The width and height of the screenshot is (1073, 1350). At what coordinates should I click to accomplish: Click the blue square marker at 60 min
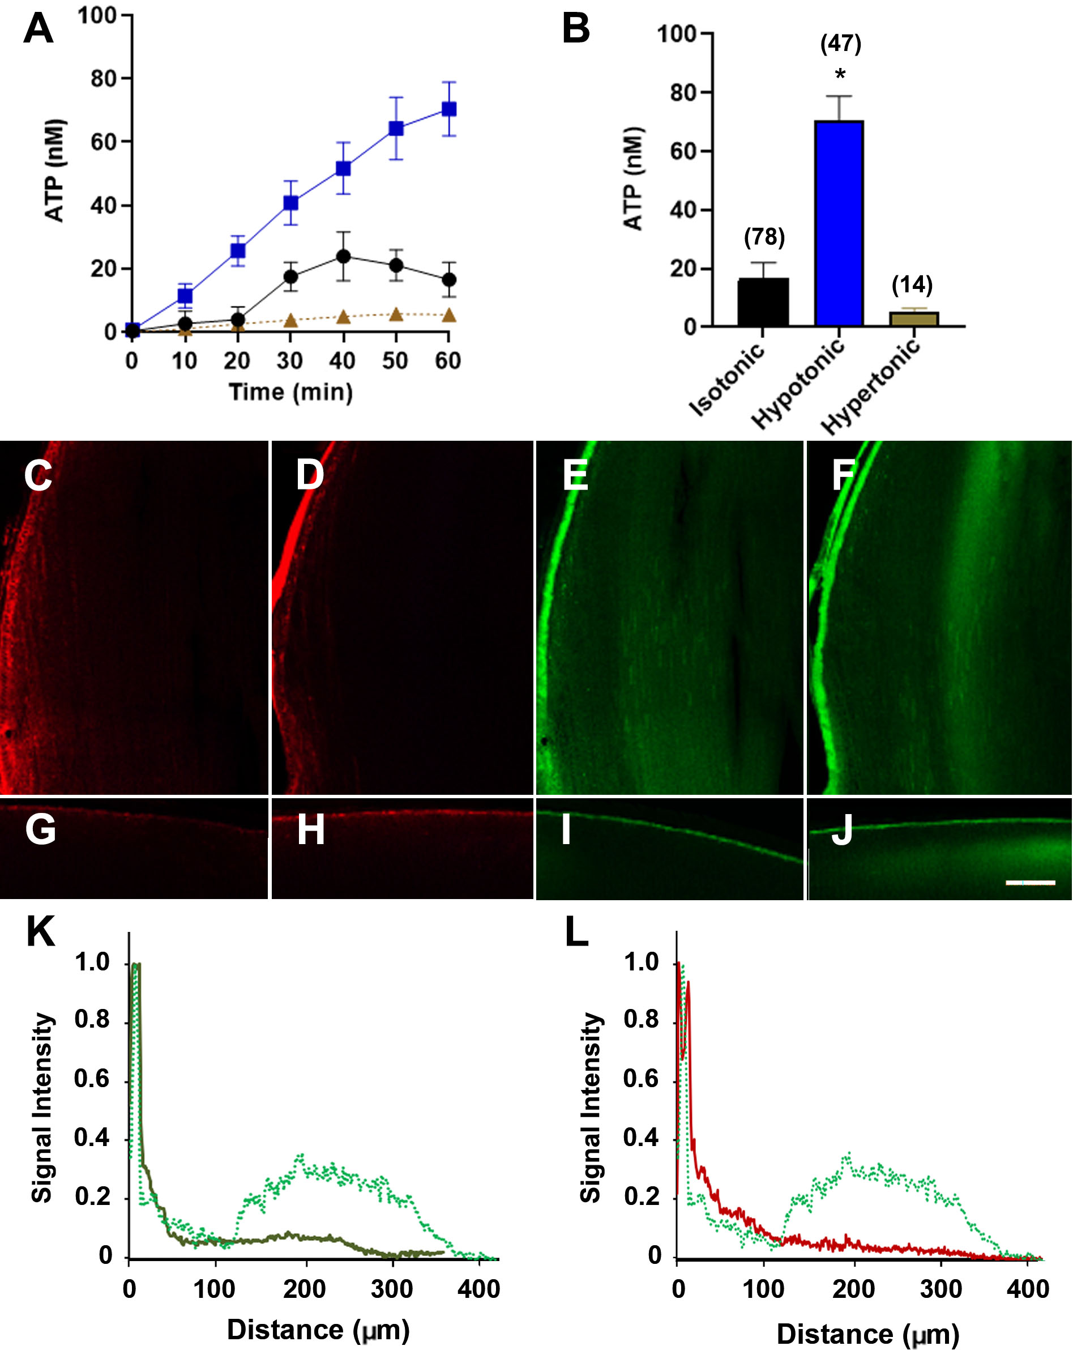(449, 109)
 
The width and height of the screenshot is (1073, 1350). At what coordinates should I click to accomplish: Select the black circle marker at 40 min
(343, 256)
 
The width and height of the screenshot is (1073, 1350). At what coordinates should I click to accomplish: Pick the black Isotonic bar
(763, 302)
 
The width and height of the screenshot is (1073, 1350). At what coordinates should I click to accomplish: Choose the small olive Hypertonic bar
(914, 319)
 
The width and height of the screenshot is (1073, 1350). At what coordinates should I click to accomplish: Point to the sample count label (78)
(764, 237)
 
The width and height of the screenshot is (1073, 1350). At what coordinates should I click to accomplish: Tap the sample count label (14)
(912, 285)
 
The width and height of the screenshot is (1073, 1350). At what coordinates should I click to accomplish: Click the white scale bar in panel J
(1030, 882)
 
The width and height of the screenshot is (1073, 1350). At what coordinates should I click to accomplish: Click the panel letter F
(843, 475)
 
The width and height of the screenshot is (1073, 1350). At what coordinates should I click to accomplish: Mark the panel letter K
(41, 931)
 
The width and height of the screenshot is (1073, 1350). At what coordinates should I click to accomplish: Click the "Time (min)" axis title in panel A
(290, 392)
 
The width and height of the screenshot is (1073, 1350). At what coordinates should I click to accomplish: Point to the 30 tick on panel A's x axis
(290, 361)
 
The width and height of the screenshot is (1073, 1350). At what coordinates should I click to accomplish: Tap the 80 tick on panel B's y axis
(683, 93)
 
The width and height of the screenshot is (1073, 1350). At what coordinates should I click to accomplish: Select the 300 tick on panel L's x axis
(941, 1289)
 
